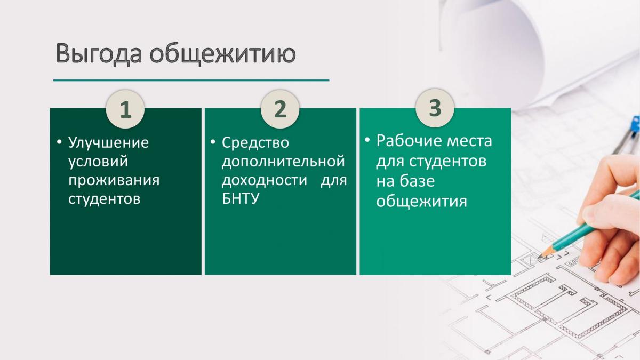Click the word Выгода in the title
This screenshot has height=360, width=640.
tap(99, 54)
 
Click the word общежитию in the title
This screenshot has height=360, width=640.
tap(222, 54)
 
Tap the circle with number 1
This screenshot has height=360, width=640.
tap(125, 109)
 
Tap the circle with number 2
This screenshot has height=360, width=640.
tap(280, 109)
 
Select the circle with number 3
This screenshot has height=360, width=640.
tap(435, 108)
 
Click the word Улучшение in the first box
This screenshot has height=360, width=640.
tap(108, 142)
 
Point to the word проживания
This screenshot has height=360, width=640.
tap(114, 181)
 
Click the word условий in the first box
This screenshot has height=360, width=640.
tap(98, 162)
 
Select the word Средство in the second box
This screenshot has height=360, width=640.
tap(255, 142)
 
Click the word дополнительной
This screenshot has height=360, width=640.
tap(283, 162)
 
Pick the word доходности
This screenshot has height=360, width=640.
tap(265, 181)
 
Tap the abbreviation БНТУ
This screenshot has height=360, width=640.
tap(241, 198)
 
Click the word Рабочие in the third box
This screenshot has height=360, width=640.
tap(407, 141)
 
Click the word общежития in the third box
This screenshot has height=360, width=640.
tap(421, 202)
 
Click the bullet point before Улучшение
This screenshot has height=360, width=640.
tap(59, 142)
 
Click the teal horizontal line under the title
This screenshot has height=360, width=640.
tap(191, 81)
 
